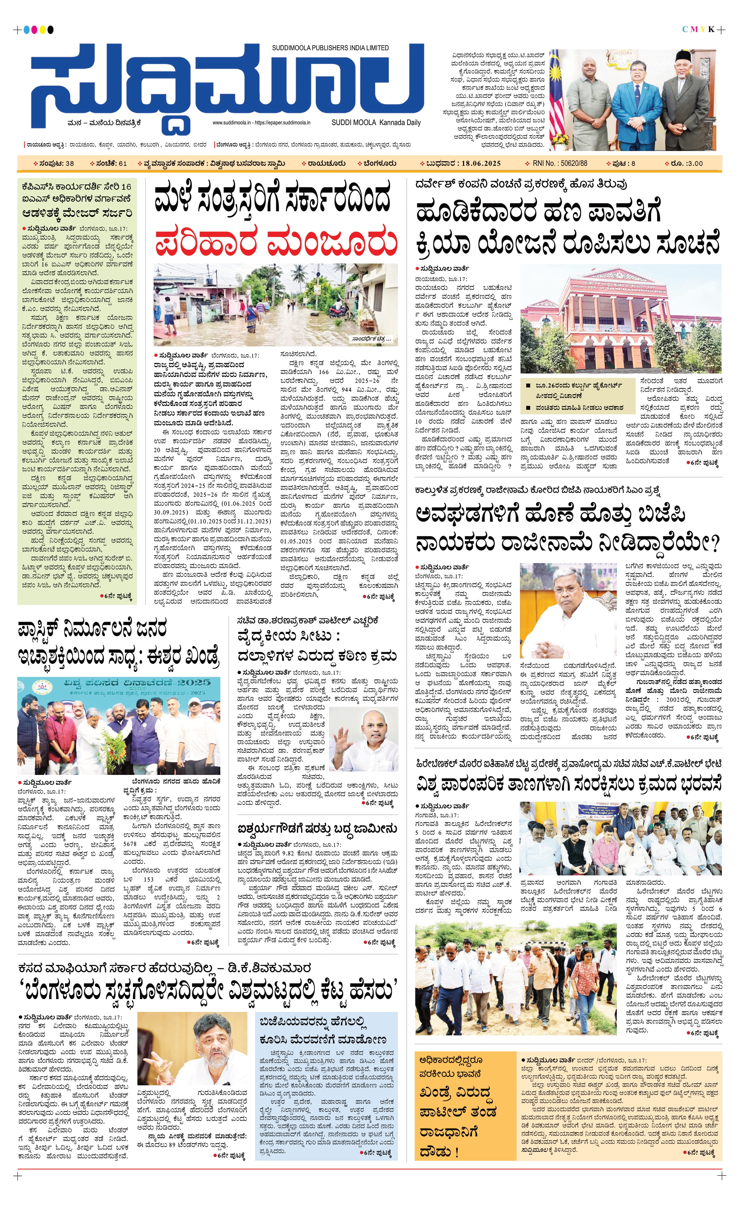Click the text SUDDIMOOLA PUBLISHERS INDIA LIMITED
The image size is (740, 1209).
330,47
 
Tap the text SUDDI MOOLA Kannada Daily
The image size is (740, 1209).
376,123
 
